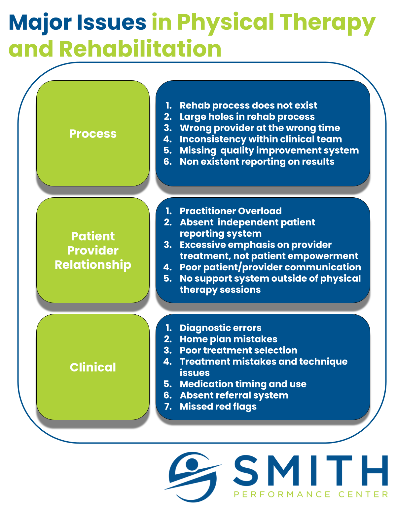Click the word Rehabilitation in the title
[140, 49]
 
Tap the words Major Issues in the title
[77, 22]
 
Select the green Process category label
[93, 134]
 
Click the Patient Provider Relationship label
[93, 250]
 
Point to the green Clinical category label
[93, 367]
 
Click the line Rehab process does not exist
[248, 105]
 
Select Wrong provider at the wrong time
[260, 128]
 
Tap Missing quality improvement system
[269, 150]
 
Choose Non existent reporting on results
[257, 162]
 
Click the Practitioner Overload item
[231, 211]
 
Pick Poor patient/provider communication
[270, 267]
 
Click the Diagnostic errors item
[220, 328]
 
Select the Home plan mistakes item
[228, 339]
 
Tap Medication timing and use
[243, 384]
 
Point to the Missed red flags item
[218, 407]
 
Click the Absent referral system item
[234, 395]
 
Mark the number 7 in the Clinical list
[168, 407]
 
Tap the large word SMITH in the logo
[310, 470]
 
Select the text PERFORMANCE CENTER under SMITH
[310, 494]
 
